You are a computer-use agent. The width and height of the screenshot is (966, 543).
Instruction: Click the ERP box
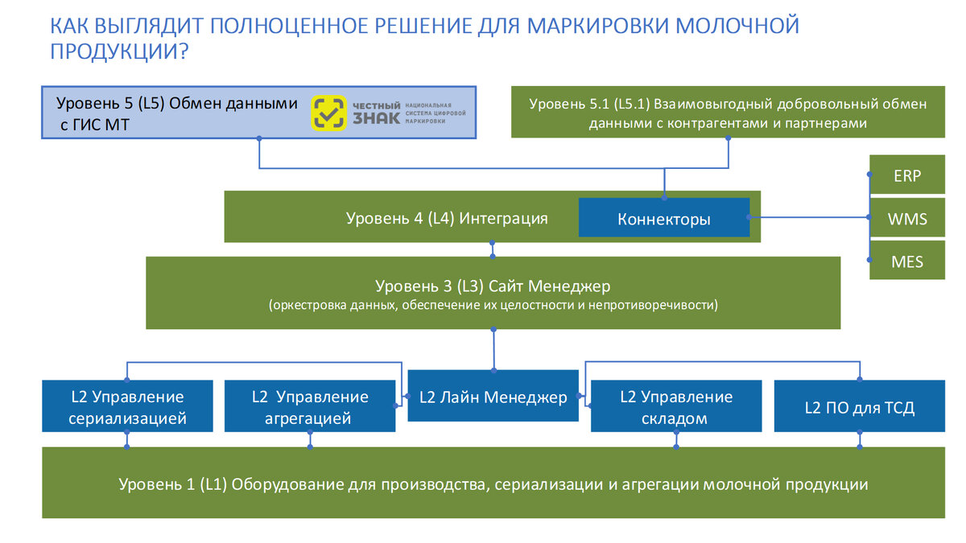[x=907, y=175]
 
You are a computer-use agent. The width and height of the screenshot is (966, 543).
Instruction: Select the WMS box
[x=907, y=218]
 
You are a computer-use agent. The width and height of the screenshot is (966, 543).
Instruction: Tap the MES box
[x=907, y=261]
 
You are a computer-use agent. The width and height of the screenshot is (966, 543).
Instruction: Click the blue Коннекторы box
[x=664, y=218]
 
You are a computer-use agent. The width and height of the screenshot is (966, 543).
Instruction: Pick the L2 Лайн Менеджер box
[x=493, y=396]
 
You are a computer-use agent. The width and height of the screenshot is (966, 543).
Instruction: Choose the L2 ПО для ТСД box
[x=860, y=406]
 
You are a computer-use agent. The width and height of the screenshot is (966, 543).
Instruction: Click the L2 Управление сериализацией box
[x=127, y=406]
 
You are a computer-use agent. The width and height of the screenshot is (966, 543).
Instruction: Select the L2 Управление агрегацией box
[x=310, y=406]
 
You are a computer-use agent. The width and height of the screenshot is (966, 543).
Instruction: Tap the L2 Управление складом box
[x=676, y=406]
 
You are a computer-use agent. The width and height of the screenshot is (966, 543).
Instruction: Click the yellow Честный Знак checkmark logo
[x=328, y=113]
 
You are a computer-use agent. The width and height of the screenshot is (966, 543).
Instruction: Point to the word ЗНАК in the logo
[x=376, y=117]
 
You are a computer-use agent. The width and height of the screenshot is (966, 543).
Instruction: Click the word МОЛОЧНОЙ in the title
[x=737, y=26]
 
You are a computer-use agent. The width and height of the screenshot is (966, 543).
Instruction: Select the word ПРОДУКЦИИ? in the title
[x=119, y=51]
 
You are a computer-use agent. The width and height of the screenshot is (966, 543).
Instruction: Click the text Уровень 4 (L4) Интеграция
[x=447, y=219]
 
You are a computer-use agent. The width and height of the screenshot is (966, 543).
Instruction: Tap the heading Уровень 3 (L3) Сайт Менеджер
[x=493, y=286]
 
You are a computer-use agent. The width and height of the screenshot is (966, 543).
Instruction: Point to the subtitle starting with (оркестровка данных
[x=493, y=305]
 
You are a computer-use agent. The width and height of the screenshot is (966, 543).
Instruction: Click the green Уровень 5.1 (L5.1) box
[x=728, y=112]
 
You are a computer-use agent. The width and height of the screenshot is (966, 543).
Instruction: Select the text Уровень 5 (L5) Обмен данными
[x=177, y=104]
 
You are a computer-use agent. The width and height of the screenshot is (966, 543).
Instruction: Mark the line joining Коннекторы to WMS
[x=810, y=217]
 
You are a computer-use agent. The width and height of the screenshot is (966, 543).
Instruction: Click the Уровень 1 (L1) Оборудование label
[x=493, y=484]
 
